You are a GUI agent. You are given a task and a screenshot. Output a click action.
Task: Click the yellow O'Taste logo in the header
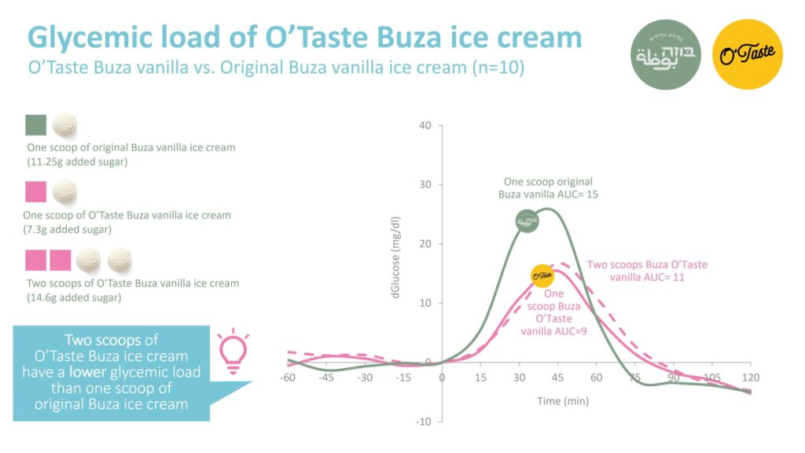click(x=748, y=54)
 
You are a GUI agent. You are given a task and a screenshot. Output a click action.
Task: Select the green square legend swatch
click(x=36, y=125)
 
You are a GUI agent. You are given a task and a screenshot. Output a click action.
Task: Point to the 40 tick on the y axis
click(x=425, y=125)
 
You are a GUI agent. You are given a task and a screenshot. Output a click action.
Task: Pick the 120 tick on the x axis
click(x=750, y=377)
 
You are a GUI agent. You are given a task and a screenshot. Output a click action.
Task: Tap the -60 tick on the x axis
click(x=289, y=377)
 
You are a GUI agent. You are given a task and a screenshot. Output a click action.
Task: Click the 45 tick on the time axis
click(x=557, y=377)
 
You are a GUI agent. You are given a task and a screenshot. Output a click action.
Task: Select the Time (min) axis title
click(x=564, y=401)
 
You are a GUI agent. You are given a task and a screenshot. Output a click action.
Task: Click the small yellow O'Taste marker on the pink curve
click(x=542, y=275)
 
